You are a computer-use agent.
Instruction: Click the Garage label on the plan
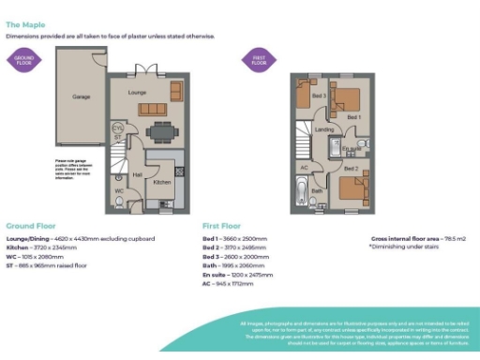[81, 97]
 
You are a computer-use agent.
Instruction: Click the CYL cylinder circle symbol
[116, 128]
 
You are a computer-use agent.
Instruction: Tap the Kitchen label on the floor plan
[161, 182]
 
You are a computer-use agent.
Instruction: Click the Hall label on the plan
[137, 174]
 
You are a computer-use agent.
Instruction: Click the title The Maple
[25, 25]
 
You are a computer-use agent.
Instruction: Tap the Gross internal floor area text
[406, 240]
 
